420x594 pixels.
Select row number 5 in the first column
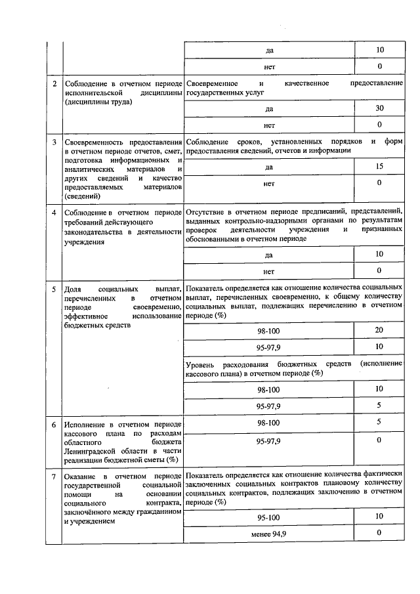[x=54, y=289]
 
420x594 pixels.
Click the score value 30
[x=379, y=108]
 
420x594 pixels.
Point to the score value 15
[x=379, y=167]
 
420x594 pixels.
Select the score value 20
[x=379, y=329]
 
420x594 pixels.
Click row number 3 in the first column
[x=54, y=142]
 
